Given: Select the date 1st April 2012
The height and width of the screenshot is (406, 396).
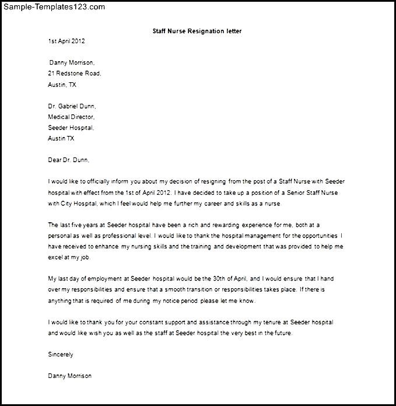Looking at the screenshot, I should (66, 41).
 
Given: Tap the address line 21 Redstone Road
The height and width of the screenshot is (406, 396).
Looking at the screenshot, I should (75, 73).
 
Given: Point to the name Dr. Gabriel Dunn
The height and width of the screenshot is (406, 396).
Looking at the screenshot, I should (72, 106).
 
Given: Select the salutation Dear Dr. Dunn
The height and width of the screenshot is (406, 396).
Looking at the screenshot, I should (69, 159).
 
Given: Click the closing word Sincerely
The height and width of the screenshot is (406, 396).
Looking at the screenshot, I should (61, 354).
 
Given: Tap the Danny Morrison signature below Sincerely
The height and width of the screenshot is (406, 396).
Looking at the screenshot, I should (69, 376).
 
